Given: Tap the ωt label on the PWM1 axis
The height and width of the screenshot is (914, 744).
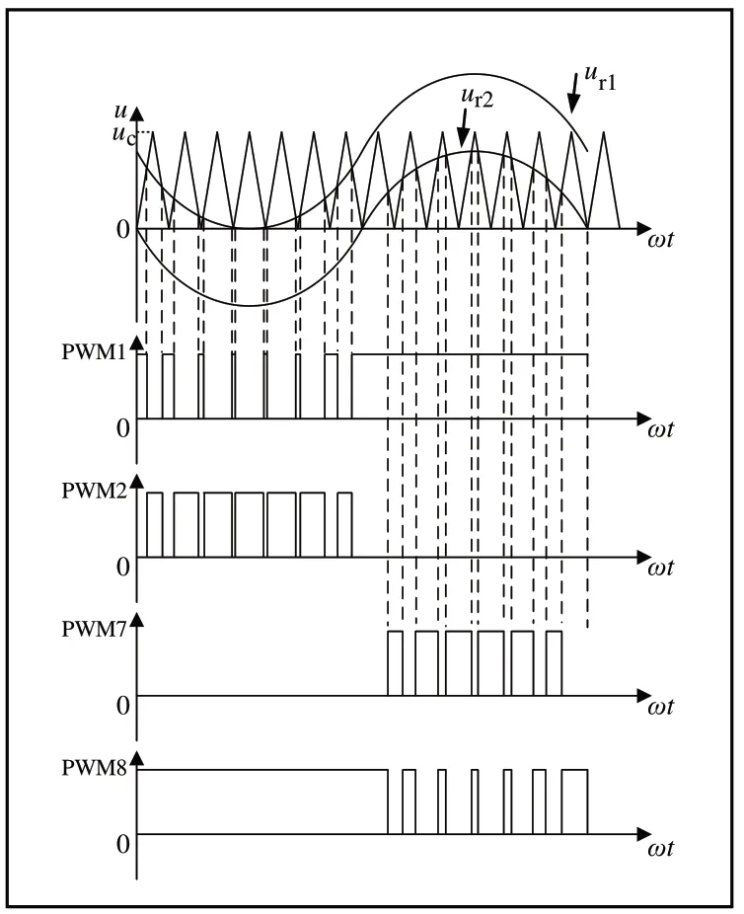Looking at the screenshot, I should tap(662, 430).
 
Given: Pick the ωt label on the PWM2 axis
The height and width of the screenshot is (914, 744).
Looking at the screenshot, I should tap(662, 570).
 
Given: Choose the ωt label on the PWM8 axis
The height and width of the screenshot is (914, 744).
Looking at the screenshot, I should tap(662, 847).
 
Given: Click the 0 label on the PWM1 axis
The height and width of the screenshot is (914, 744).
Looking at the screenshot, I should tap(123, 428).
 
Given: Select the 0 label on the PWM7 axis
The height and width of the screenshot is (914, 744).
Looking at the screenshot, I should tap(123, 706).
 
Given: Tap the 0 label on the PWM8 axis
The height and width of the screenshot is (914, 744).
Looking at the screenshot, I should tap(123, 845).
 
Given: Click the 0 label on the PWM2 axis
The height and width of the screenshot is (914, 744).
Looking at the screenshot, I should tap(123, 568).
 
